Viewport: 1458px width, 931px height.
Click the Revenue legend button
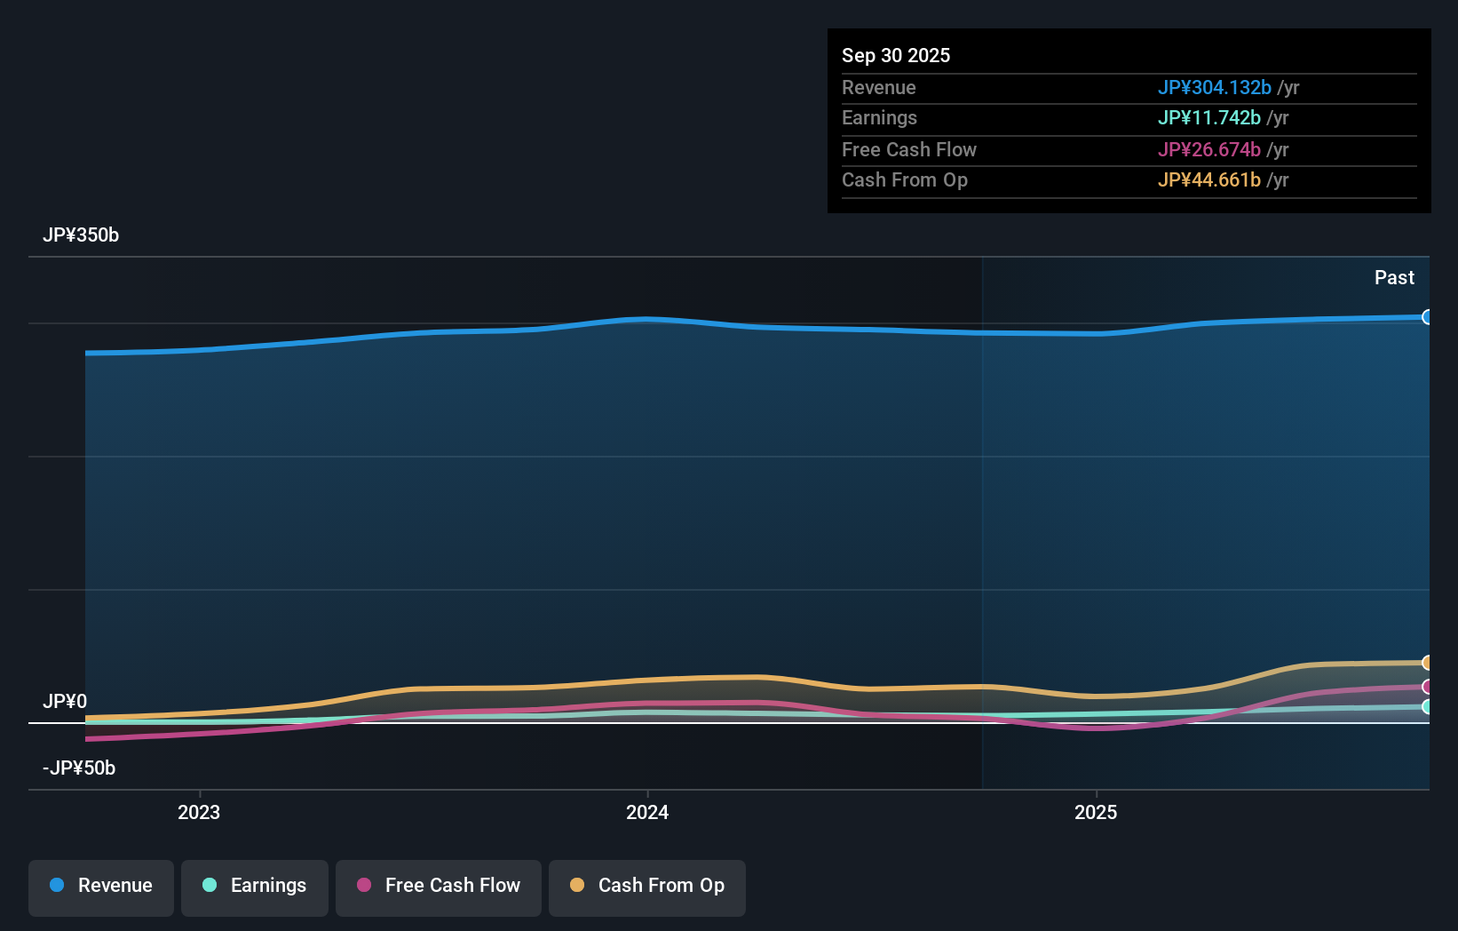(x=101, y=887)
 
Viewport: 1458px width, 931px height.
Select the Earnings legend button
(x=255, y=887)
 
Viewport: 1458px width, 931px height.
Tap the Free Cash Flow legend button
(x=439, y=887)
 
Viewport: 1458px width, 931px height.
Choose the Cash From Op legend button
(x=647, y=887)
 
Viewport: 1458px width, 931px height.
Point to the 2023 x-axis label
(x=199, y=813)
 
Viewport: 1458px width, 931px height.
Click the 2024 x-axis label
(x=647, y=813)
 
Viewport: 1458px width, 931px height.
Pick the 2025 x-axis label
(x=1096, y=813)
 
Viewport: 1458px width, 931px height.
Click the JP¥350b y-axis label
(x=81, y=235)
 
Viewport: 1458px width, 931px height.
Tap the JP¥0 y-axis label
(x=65, y=702)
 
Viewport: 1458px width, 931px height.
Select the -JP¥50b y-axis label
(x=79, y=768)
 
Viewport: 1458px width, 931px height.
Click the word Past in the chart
(x=1394, y=278)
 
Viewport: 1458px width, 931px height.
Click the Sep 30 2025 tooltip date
(x=896, y=56)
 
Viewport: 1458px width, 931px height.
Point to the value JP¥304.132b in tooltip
(x=1214, y=88)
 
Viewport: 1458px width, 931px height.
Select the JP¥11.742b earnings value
(x=1208, y=118)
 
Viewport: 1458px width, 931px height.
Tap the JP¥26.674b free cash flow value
(x=1208, y=150)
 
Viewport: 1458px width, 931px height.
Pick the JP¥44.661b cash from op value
(x=1208, y=180)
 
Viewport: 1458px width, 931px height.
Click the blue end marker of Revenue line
(x=1427, y=317)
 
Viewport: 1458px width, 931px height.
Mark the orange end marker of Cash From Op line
(x=1427, y=663)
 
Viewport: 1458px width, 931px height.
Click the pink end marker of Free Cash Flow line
(x=1427, y=687)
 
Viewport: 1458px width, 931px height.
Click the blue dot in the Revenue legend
(x=57, y=886)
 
